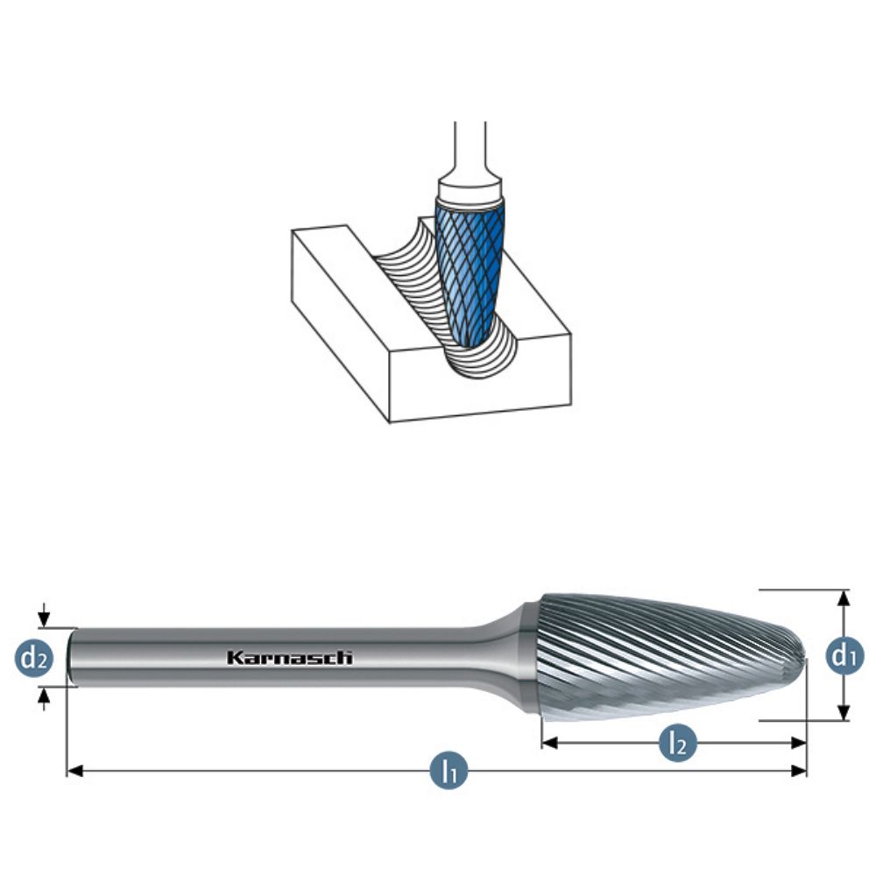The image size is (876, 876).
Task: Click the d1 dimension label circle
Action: coord(844,654)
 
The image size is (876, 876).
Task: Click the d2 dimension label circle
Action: coord(34,658)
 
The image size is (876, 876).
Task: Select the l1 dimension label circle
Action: coord(449,770)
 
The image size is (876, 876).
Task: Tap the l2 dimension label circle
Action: coord(678,743)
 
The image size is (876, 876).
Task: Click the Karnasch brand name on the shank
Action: coord(289,658)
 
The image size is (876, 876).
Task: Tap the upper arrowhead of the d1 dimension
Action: coord(844,597)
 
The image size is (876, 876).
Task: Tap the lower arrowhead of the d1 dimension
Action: coord(844,712)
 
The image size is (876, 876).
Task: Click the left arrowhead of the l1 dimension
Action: coord(74,771)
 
